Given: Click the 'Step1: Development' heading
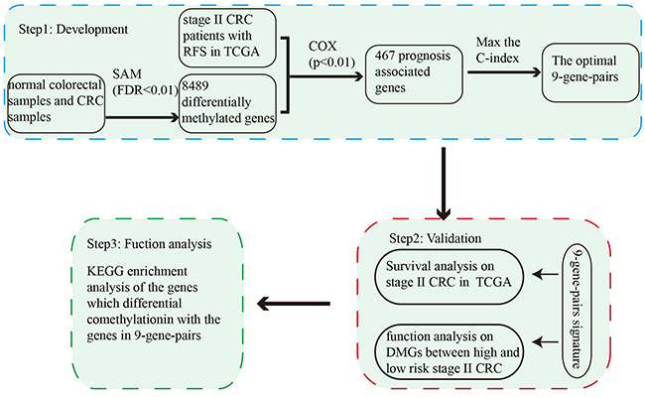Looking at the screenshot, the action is (x=73, y=30).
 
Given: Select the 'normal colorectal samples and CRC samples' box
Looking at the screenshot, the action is (x=56, y=103).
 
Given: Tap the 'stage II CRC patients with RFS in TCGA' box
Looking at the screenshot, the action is (x=227, y=38).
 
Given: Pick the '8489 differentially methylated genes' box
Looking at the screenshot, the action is (x=227, y=103).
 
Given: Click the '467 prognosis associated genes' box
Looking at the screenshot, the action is (x=414, y=74).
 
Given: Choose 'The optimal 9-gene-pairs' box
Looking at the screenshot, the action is (x=590, y=72).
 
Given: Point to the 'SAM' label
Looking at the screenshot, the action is (x=127, y=74).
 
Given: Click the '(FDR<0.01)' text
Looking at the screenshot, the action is (x=145, y=90).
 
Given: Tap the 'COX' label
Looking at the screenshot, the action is (x=322, y=46).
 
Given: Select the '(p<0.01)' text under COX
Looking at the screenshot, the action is (x=331, y=63).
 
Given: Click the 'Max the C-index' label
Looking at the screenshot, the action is (x=498, y=51).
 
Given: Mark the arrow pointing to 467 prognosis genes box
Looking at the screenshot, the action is (x=325, y=76).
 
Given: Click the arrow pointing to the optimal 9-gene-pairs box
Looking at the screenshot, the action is (x=504, y=72).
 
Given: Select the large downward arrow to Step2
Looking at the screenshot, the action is (x=444, y=184).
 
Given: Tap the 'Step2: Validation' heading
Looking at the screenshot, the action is (x=436, y=238).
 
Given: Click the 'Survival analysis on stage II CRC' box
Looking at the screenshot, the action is (x=449, y=276).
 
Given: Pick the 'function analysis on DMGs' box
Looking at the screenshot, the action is (x=449, y=351).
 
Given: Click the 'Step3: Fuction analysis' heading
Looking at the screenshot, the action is (x=149, y=244).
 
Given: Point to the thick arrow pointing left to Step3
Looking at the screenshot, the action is (x=294, y=304).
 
